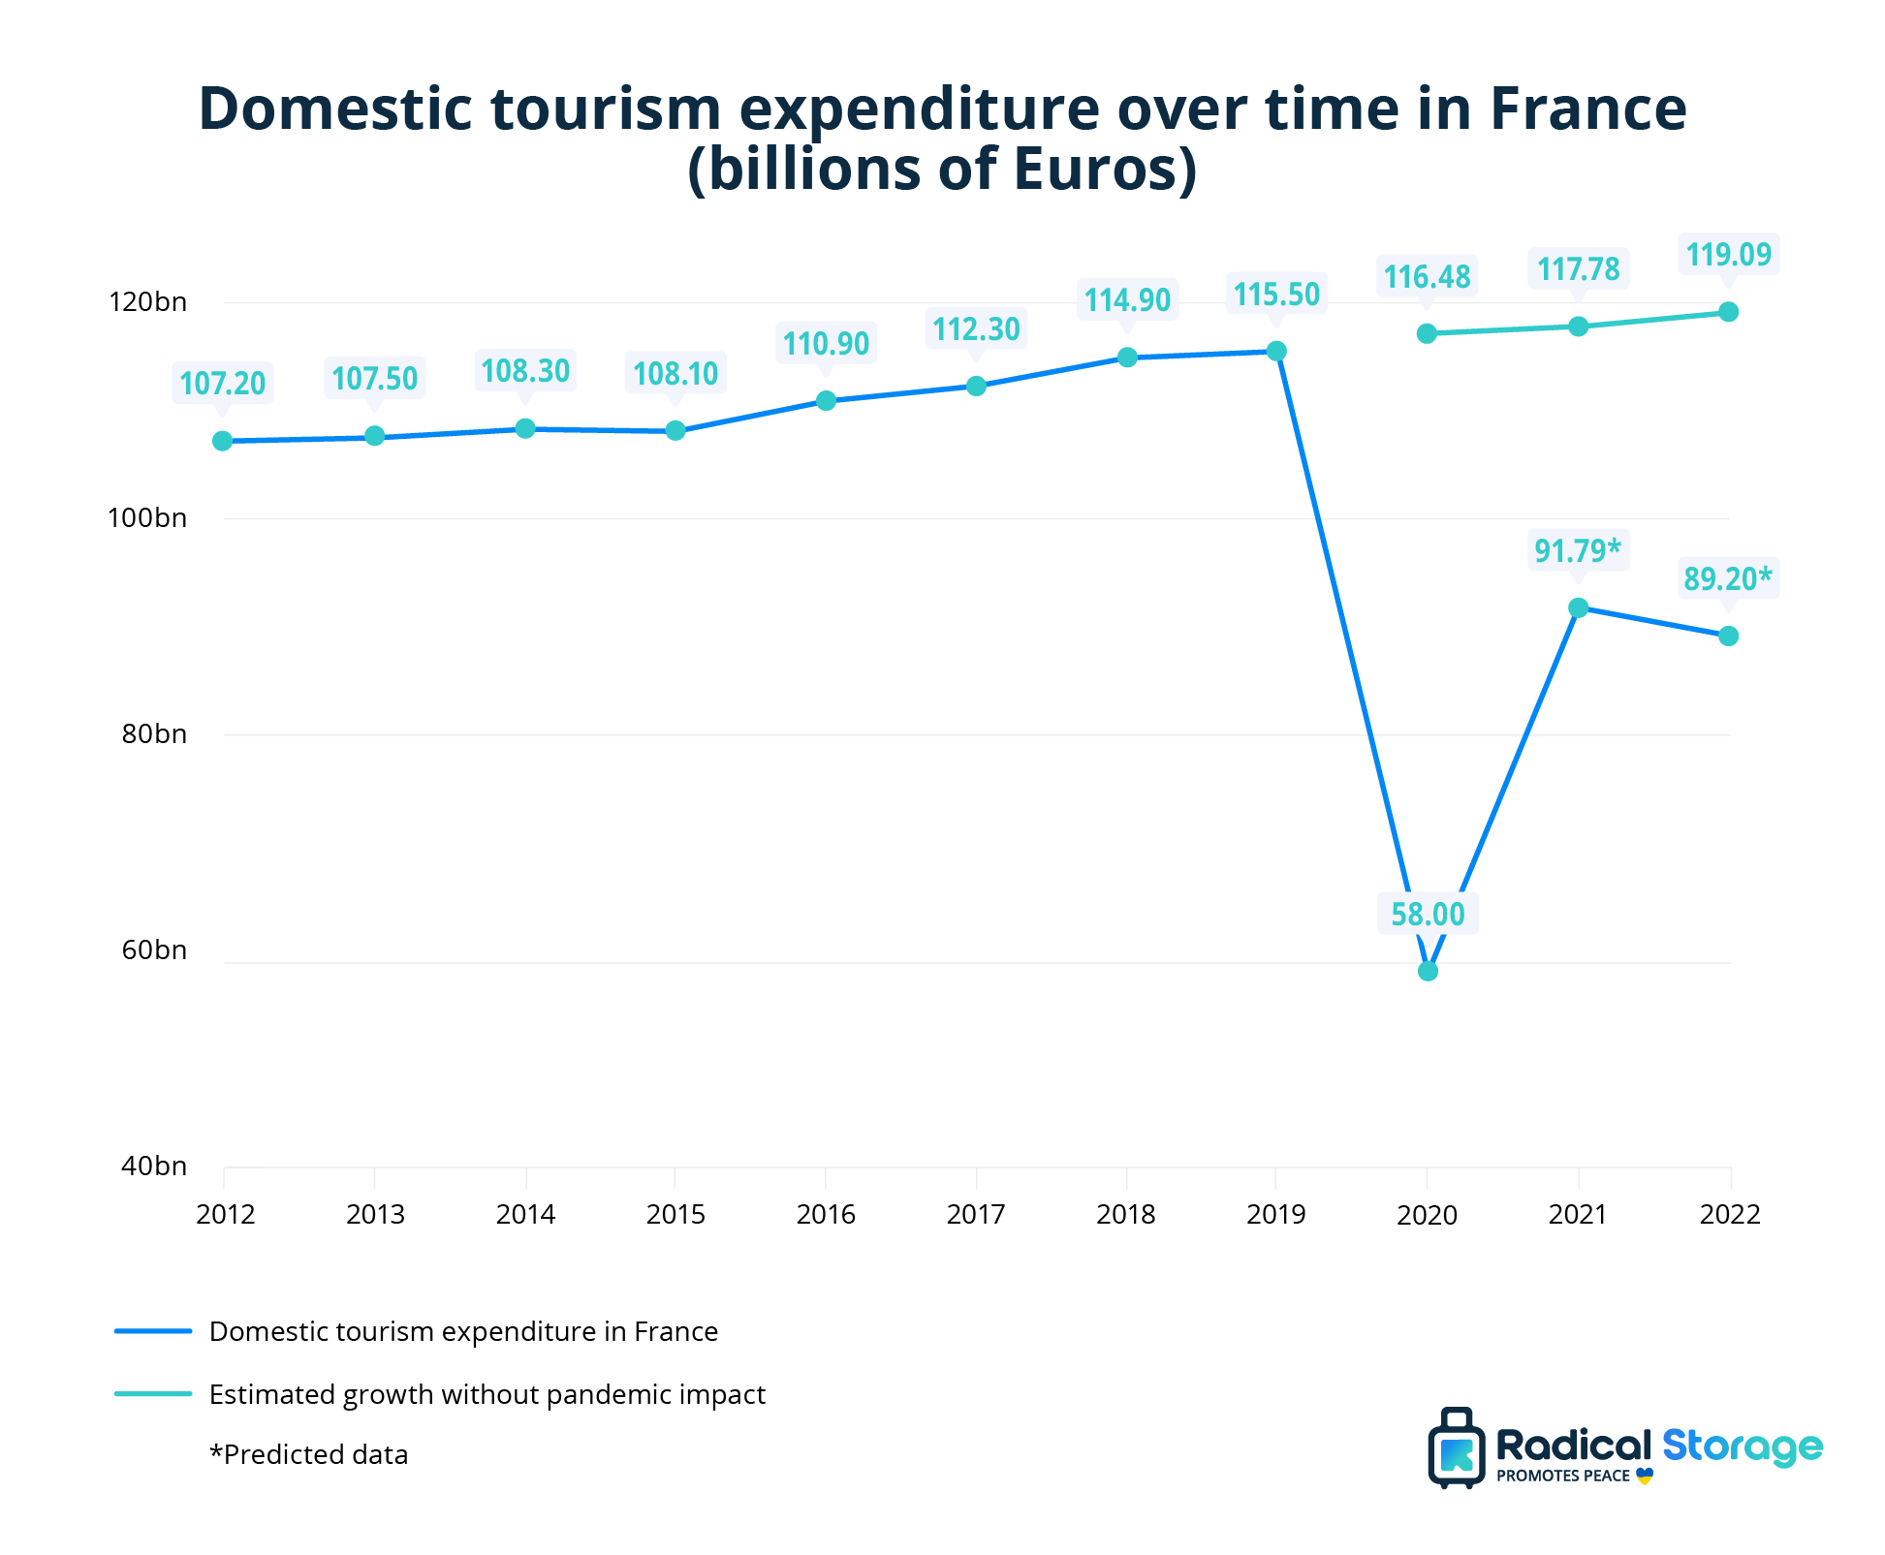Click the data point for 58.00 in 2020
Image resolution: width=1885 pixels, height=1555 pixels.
click(x=1427, y=971)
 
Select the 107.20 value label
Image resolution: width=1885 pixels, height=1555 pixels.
click(x=222, y=384)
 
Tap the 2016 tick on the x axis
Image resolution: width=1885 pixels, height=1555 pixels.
click(x=826, y=1214)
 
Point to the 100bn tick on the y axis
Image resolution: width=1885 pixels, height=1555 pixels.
click(x=147, y=518)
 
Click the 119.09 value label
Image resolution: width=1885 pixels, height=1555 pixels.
click(x=1728, y=255)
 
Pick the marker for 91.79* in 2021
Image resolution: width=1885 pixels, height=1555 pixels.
click(x=1578, y=607)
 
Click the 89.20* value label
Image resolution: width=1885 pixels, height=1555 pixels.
click(x=1727, y=579)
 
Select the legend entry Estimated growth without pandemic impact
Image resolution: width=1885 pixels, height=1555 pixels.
click(x=487, y=1394)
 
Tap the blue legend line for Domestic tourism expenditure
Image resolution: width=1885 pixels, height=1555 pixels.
click(x=153, y=1331)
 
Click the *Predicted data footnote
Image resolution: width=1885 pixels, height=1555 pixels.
click(x=308, y=1454)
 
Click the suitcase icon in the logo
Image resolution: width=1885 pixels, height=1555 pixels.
click(x=1456, y=1448)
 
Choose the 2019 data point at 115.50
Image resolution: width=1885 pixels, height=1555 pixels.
click(x=1276, y=351)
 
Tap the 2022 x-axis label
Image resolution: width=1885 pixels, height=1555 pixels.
click(x=1729, y=1214)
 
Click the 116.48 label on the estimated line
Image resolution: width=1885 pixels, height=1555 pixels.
click(x=1427, y=277)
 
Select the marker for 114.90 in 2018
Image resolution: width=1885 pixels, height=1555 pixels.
click(x=1127, y=358)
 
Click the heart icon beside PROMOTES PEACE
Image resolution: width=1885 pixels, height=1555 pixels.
click(x=1644, y=1477)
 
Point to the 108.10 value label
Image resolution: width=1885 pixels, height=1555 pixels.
click(x=675, y=374)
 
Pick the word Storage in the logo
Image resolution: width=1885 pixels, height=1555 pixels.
click(x=1742, y=1446)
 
